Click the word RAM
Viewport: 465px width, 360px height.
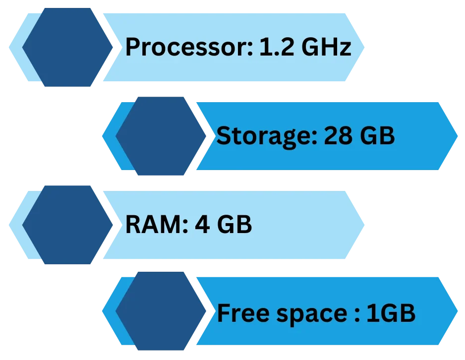tap(153, 225)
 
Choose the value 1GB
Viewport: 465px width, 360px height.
tap(390, 313)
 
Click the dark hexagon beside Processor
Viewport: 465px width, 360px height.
tap(68, 47)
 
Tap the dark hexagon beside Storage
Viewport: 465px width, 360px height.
tap(161, 135)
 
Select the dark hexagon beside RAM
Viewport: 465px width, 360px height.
tap(68, 224)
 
